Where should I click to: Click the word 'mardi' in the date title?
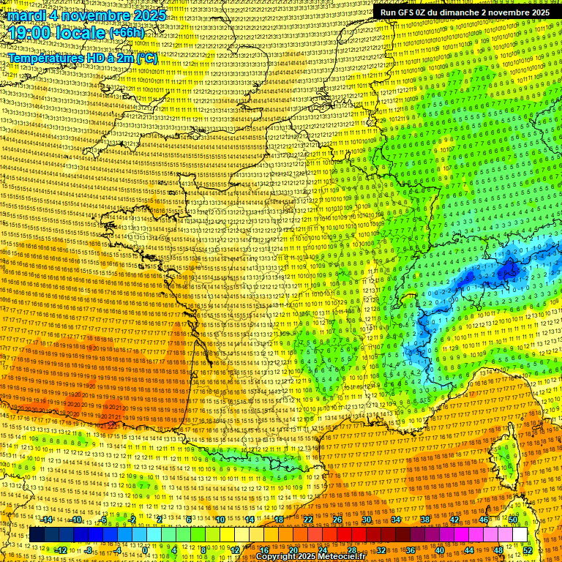pos(26,15)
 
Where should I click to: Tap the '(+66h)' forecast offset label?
pos(127,33)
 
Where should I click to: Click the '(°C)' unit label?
pos(146,57)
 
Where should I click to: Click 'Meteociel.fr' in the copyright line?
pos(342,557)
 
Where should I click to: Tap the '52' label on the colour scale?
pos(528,550)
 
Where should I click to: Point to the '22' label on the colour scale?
pos(308,519)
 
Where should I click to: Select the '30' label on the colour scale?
pos(366,519)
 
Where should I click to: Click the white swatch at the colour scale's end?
pos(520,535)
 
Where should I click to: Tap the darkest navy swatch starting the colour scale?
pos(37,535)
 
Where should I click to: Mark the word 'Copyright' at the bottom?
pos(275,557)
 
